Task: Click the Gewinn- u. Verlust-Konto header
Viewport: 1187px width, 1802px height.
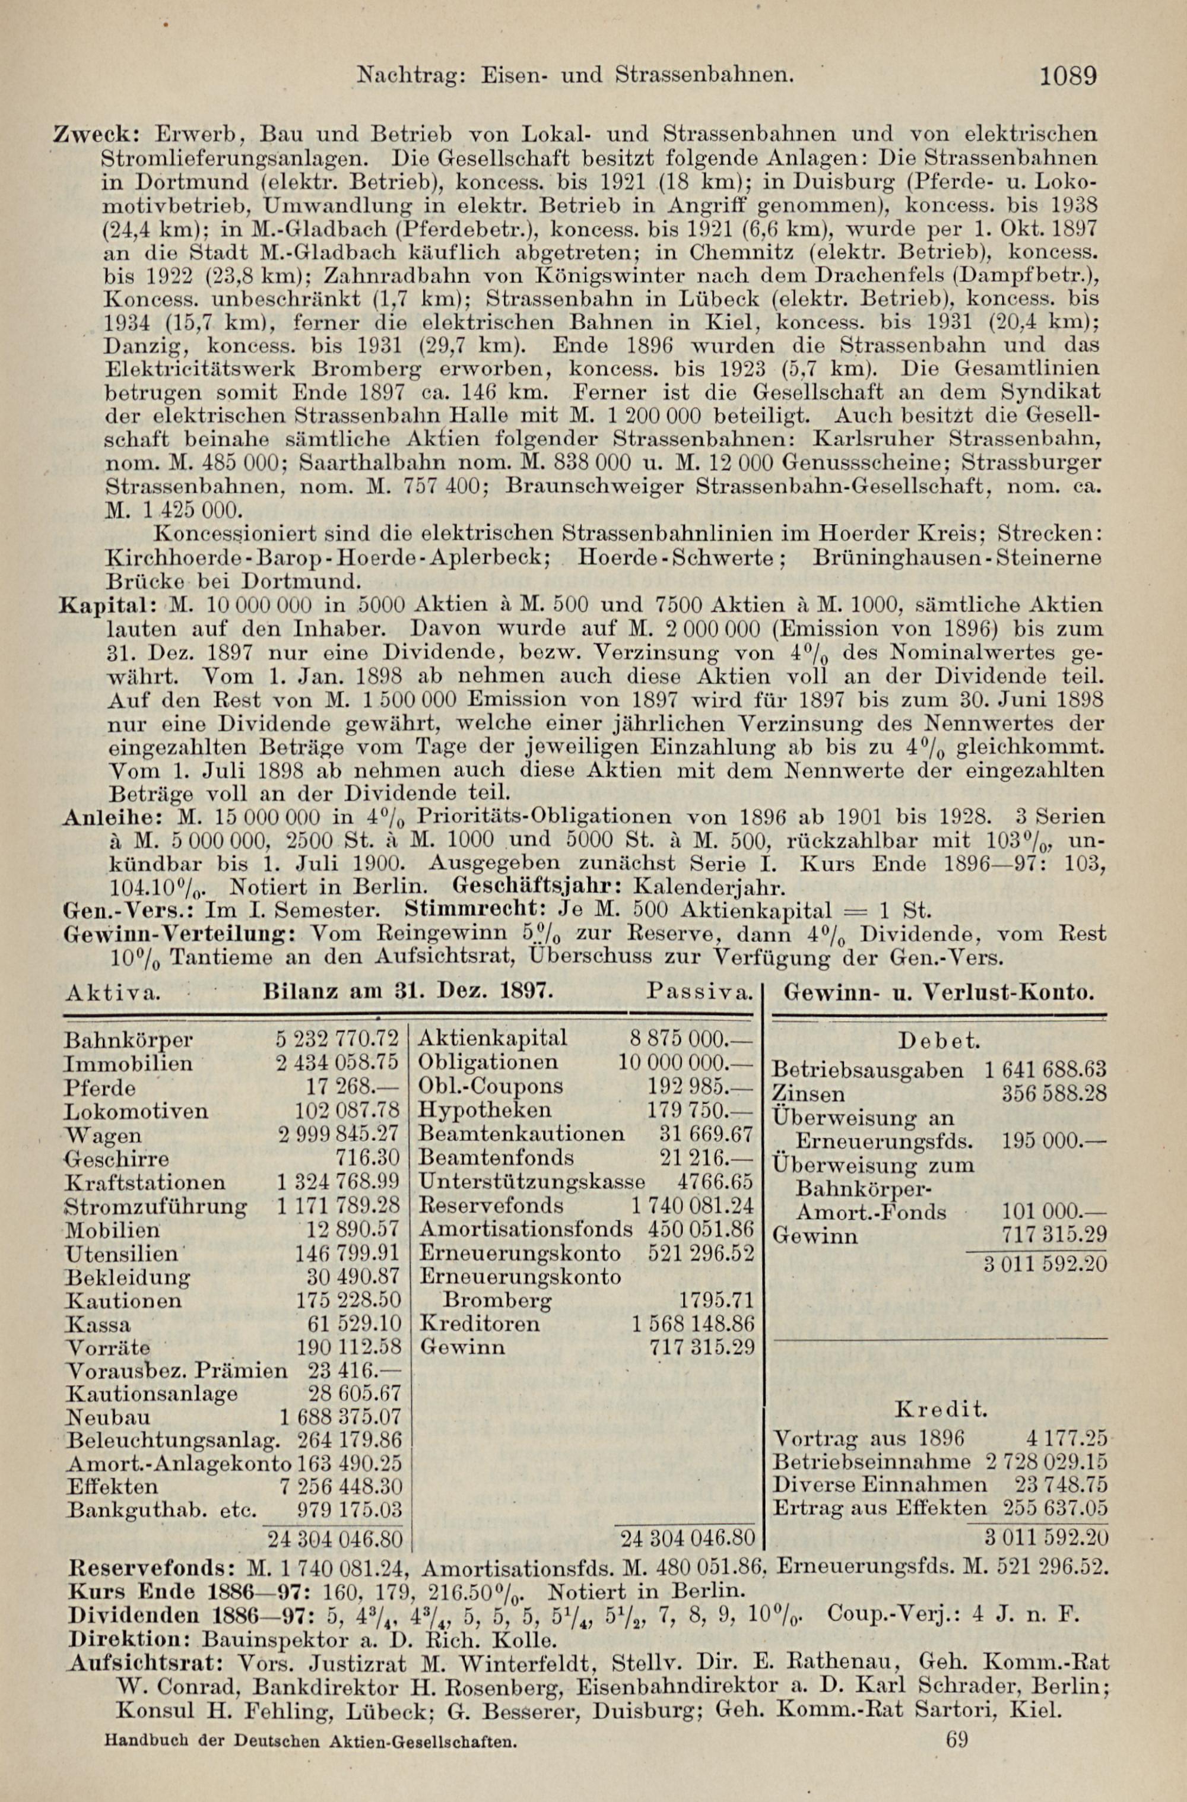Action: [x=939, y=992]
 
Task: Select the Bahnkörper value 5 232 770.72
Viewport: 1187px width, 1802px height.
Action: [x=337, y=1038]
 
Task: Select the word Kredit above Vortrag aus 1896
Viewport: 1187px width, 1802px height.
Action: [x=941, y=1637]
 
